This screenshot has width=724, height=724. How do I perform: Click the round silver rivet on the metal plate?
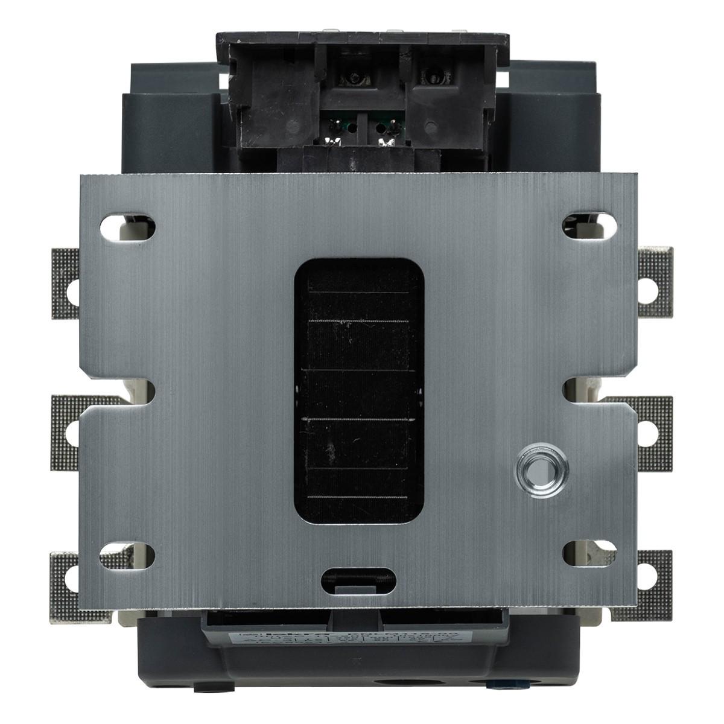(x=541, y=470)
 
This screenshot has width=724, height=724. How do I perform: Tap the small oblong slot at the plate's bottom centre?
(x=354, y=577)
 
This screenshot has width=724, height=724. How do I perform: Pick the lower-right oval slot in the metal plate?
(x=589, y=553)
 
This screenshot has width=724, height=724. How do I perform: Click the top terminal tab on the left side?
(x=65, y=284)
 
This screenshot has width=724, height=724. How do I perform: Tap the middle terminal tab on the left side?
(x=65, y=431)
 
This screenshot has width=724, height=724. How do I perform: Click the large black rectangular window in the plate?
(x=358, y=392)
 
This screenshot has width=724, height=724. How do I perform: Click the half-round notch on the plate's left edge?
(x=145, y=391)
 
